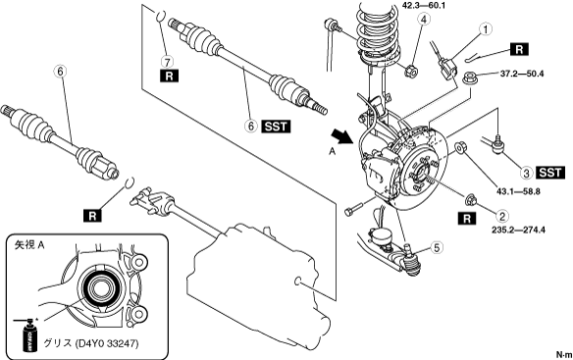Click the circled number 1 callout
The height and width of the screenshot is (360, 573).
486,29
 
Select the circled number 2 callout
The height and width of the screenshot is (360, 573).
502,217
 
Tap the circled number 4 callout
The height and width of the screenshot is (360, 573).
424,20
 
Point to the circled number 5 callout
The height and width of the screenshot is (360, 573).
437,248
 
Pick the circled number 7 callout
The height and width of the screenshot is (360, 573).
169,62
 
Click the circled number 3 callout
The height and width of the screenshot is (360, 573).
527,173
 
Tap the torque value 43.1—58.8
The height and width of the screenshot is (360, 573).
518,190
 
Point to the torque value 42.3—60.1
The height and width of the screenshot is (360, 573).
424,6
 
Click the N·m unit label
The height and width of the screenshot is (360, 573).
564,354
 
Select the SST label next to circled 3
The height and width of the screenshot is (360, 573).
550,173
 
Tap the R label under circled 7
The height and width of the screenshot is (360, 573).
169,76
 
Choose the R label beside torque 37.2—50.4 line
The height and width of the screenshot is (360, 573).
519,49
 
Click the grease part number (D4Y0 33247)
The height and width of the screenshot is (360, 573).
107,343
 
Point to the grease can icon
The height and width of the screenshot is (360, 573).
30,335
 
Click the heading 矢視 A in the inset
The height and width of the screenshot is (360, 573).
29,245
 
